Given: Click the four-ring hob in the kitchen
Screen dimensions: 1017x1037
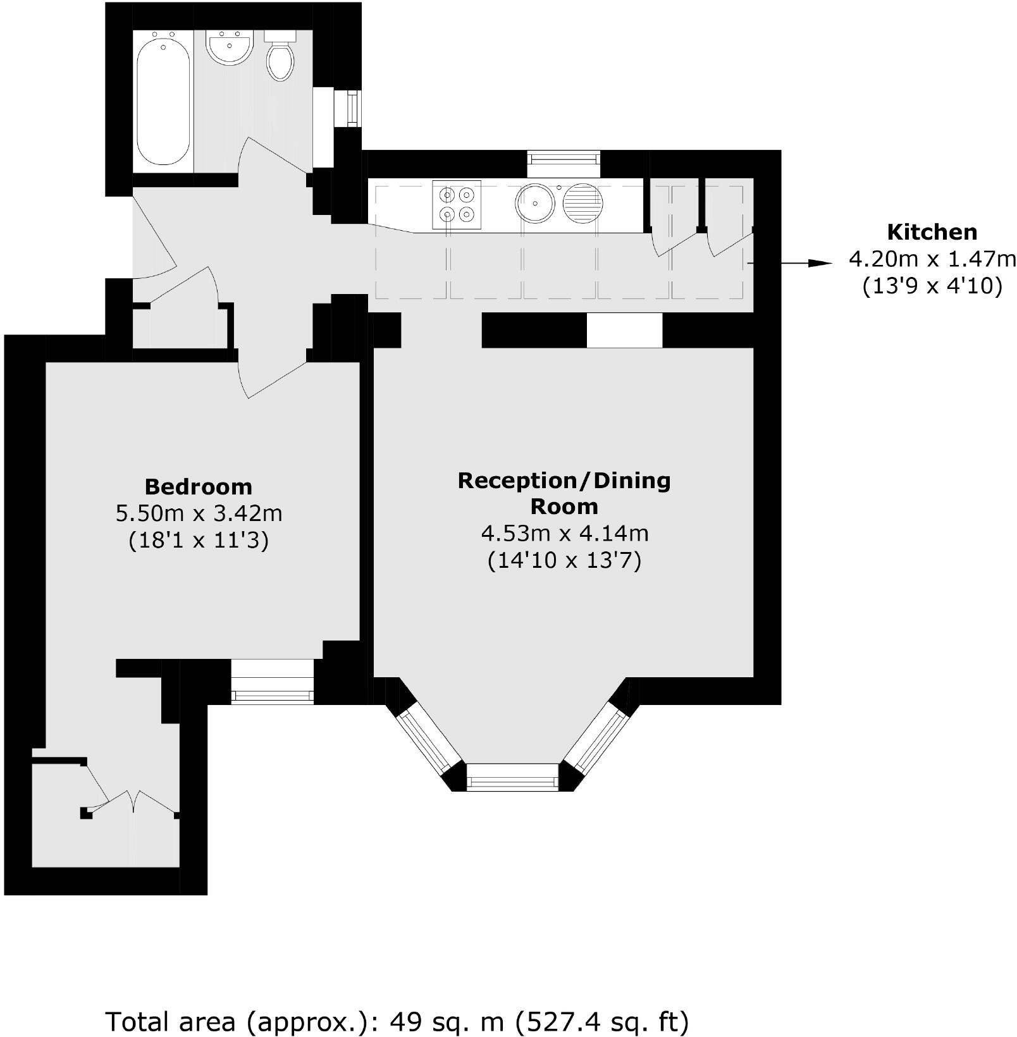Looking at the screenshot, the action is pyautogui.click(x=457, y=205).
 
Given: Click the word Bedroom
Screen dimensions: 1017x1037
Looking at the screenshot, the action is pyautogui.click(x=199, y=487).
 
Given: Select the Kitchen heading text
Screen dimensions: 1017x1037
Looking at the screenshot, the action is pyautogui.click(x=932, y=232).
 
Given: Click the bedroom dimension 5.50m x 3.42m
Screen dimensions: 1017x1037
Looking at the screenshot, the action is pyautogui.click(x=199, y=513).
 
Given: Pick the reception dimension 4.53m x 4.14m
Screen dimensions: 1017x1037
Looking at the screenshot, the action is pyautogui.click(x=565, y=534).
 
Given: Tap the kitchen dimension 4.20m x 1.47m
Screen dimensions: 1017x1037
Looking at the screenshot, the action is pyautogui.click(x=932, y=259).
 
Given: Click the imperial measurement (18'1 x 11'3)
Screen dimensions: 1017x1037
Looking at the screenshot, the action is pyautogui.click(x=199, y=541).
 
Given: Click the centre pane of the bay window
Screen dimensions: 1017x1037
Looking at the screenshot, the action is pyautogui.click(x=513, y=776).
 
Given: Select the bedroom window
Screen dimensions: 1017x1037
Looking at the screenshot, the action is pyautogui.click(x=272, y=682).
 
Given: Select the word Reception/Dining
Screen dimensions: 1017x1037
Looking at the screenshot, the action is pyautogui.click(x=564, y=481).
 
